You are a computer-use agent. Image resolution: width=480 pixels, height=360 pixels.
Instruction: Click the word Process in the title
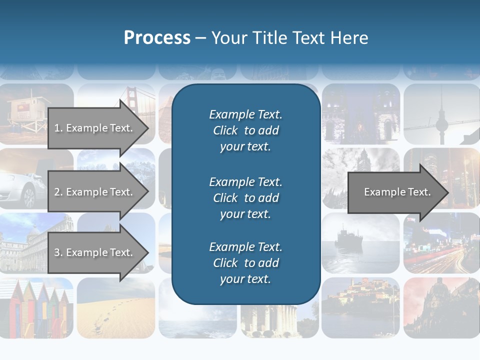coord(157,38)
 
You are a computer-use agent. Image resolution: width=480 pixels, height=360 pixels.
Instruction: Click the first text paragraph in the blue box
coord(245,130)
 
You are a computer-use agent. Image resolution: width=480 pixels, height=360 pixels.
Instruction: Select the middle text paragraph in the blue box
coord(245,198)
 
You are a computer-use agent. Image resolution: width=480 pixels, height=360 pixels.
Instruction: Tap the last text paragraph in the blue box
coord(245,263)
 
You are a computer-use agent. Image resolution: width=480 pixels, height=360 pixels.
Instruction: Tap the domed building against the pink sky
coord(440,305)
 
